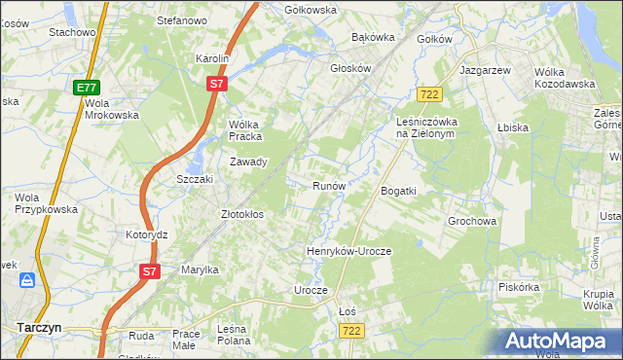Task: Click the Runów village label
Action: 328,185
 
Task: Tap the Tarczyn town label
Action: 38,328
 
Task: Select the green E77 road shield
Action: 85,89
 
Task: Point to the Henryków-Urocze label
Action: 348,251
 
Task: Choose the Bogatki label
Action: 398,191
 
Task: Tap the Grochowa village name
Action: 473,221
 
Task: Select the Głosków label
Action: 351,69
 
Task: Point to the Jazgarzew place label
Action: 485,72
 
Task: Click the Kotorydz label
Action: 147,234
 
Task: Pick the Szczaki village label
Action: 194,180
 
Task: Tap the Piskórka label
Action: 518,287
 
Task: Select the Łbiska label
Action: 511,127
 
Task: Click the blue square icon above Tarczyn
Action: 28,281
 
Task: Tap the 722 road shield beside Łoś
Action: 351,332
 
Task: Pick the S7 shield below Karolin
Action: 217,85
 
